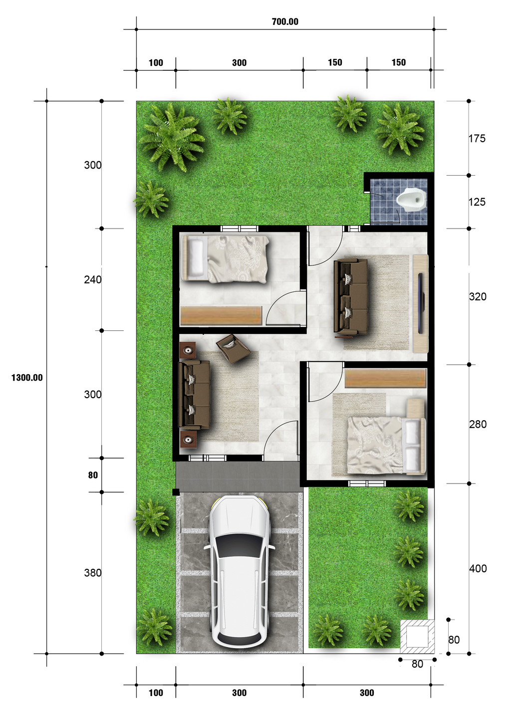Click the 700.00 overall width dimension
[x=285, y=21]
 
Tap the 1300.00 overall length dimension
[x=27, y=378]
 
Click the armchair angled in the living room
[x=233, y=348]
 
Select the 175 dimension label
[x=477, y=139]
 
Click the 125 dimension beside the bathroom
[x=477, y=202]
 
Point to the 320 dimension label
[x=478, y=297]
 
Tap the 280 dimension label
[x=478, y=424]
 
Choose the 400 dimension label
[x=478, y=568]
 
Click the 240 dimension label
[x=92, y=280]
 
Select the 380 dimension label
[x=92, y=573]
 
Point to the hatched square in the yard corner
[x=417, y=636]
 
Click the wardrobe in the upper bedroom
[x=221, y=316]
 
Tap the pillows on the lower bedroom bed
[x=412, y=445]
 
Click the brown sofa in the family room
[x=351, y=296]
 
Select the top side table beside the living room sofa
[x=188, y=350]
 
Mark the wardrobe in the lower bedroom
[x=385, y=378]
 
